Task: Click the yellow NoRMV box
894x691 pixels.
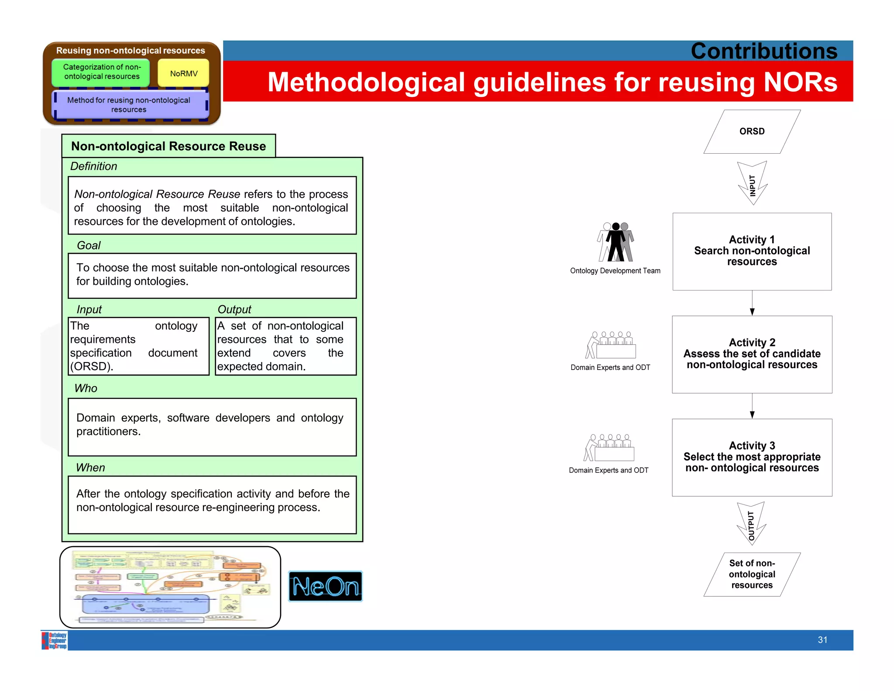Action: coord(183,73)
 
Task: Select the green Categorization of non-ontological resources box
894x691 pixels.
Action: coord(101,72)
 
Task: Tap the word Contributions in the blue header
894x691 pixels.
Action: coord(763,51)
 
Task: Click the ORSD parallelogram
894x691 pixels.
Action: coord(752,131)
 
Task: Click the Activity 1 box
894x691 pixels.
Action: coord(752,251)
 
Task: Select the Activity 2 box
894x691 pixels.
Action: coord(752,354)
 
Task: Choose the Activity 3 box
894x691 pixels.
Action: coord(752,457)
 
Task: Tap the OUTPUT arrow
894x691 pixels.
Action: coord(751,523)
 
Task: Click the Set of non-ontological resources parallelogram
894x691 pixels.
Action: coord(752,574)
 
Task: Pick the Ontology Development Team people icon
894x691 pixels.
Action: coord(615,242)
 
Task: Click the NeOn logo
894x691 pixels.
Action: coord(325,586)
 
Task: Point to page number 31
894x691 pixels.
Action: coord(822,640)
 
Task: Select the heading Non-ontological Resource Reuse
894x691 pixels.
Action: coord(168,146)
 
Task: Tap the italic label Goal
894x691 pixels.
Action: coord(89,245)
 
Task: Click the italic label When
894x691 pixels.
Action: coord(90,467)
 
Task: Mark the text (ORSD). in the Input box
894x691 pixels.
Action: coord(92,366)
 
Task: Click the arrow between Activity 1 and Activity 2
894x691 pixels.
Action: coord(752,303)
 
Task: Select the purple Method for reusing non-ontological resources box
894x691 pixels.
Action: coord(129,105)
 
